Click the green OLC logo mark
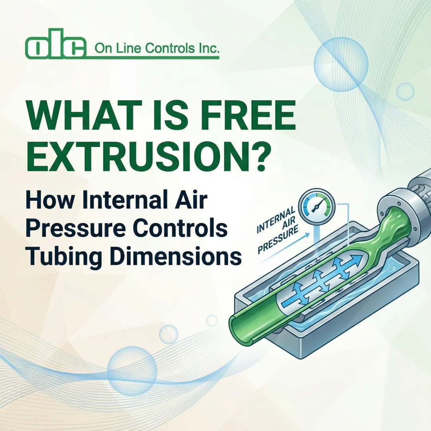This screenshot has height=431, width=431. tap(55, 47)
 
